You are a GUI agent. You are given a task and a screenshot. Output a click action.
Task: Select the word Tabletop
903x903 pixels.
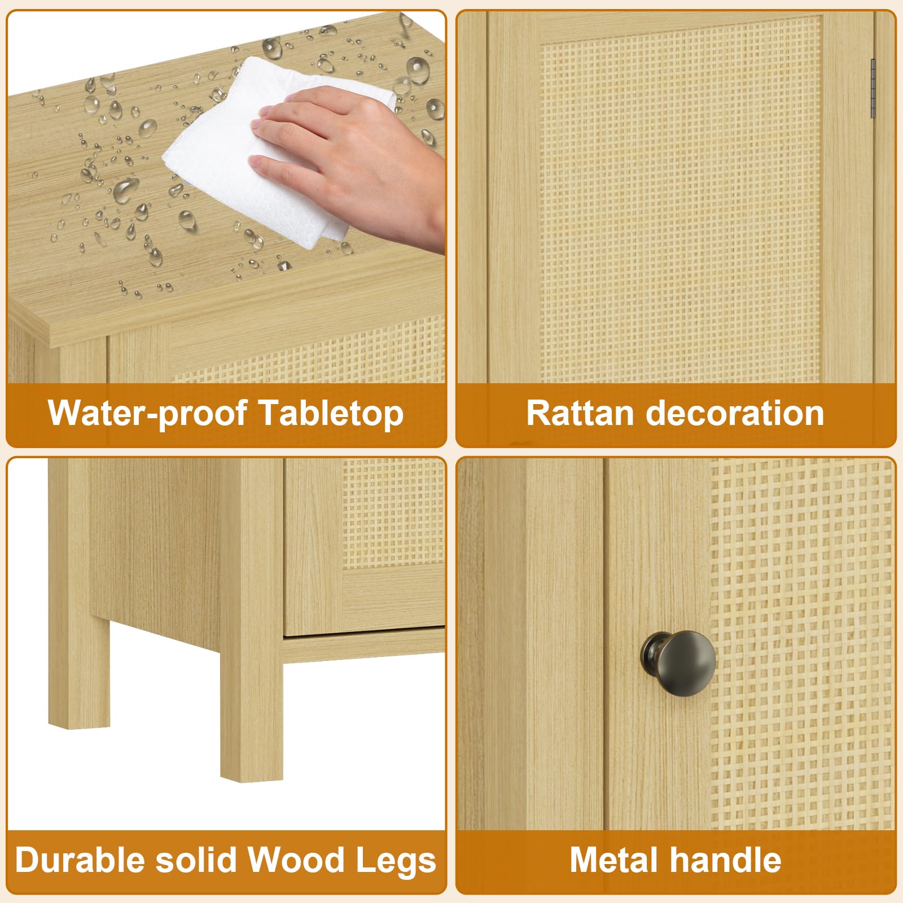(x=331, y=413)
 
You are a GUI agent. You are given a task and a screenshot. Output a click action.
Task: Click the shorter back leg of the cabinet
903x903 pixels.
(x=79, y=672)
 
